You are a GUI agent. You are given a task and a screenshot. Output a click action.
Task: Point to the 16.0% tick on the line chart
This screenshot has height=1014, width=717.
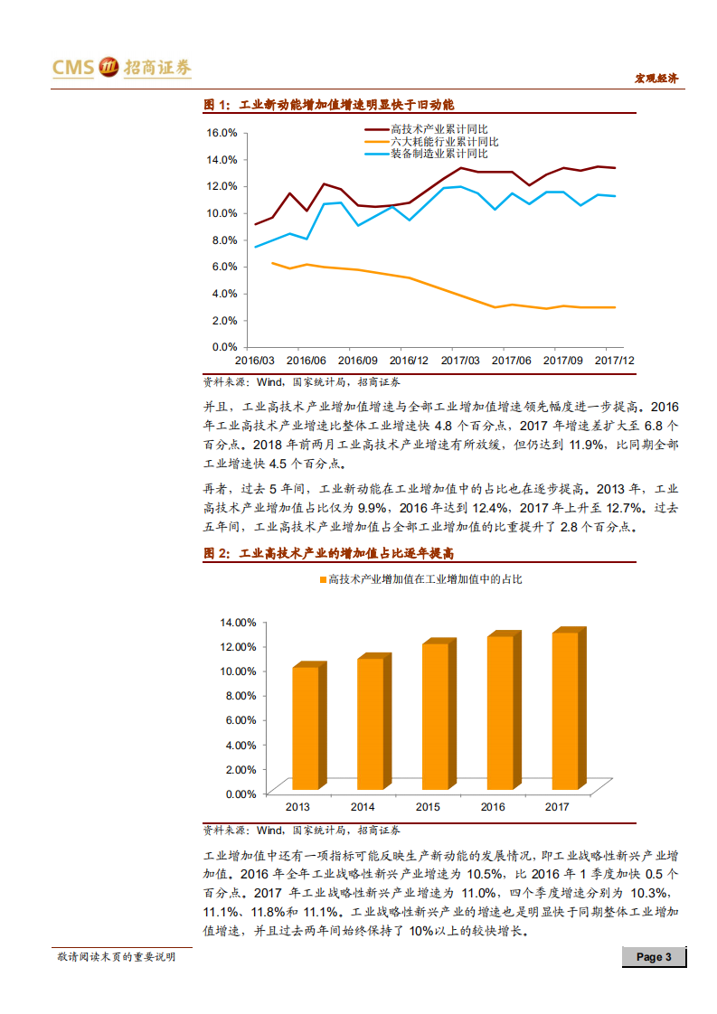222,132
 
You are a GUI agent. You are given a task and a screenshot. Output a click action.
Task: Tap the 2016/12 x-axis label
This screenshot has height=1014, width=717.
409,360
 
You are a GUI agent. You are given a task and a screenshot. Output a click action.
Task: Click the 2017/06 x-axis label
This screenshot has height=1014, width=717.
511,360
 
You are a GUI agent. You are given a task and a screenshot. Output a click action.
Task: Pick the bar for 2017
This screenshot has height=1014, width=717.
564,709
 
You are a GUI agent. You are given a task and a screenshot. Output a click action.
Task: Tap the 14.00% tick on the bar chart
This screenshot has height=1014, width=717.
239,622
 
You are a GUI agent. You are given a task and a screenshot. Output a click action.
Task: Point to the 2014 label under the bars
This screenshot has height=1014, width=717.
363,806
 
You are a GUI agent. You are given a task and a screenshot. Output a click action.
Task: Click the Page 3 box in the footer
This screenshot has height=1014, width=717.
654,957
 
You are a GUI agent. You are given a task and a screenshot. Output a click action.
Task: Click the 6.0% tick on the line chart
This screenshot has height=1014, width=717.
224,267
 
